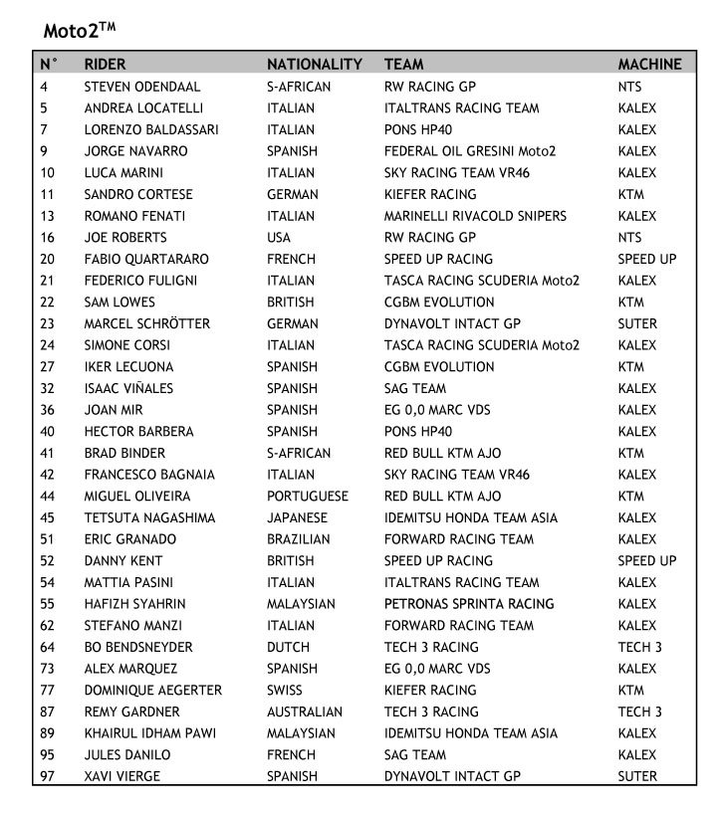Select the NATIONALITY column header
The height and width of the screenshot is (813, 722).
(x=314, y=65)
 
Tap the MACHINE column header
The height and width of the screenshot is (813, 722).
(x=649, y=65)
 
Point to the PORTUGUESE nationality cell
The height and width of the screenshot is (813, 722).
(x=308, y=496)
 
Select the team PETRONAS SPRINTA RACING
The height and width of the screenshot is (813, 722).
(x=469, y=604)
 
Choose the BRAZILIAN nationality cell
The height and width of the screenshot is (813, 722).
(x=299, y=539)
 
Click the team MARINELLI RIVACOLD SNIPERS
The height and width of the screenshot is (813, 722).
(x=475, y=216)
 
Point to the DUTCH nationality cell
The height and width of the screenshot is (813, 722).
(x=288, y=647)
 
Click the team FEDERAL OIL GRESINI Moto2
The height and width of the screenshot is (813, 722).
(x=470, y=151)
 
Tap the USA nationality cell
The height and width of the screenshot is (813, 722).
(x=280, y=238)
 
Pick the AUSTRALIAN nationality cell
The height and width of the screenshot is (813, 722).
(x=305, y=711)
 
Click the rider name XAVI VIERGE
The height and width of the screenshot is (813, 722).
(x=121, y=776)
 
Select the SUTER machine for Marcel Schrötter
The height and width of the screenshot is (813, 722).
(x=637, y=323)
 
